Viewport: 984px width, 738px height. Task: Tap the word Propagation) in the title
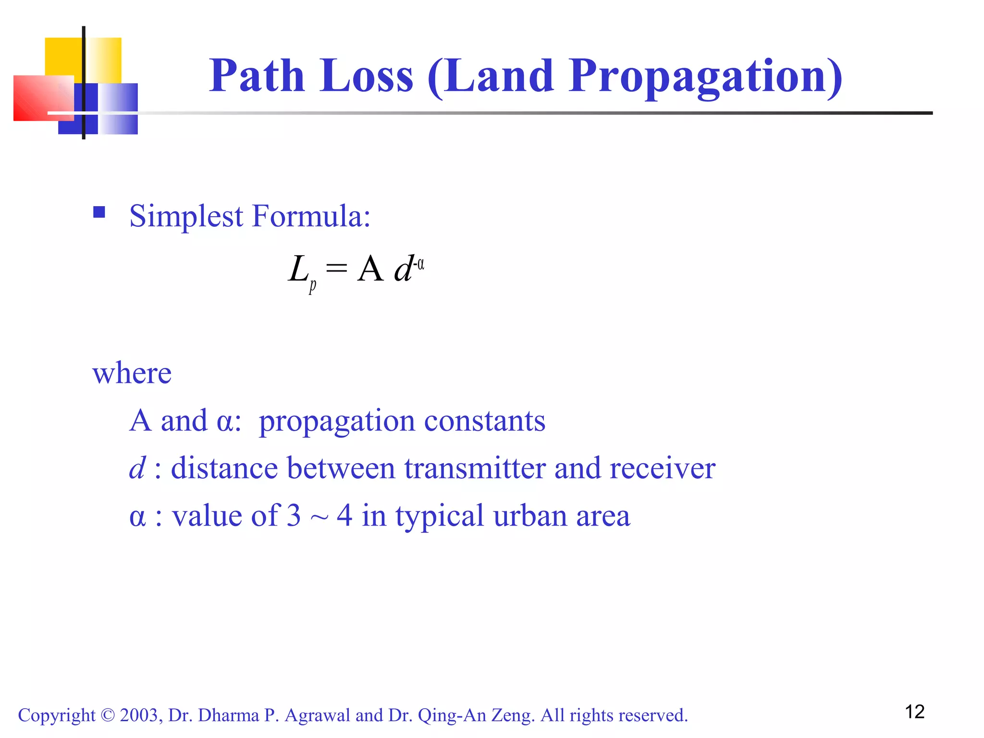(x=705, y=77)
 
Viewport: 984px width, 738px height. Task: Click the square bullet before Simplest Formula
(x=99, y=212)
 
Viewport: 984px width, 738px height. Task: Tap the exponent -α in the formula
(x=419, y=264)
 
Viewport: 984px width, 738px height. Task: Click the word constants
(x=485, y=421)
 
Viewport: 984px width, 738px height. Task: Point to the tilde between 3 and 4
(x=319, y=518)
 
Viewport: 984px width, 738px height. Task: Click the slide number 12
(x=914, y=712)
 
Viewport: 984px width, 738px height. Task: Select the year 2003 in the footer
(x=139, y=715)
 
